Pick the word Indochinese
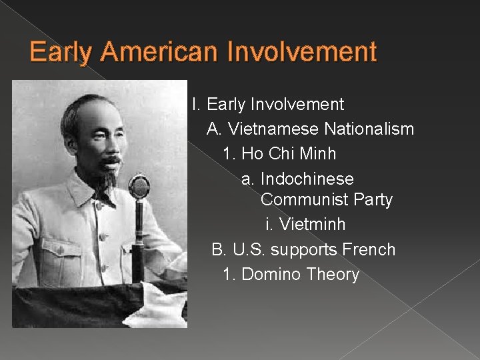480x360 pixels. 307,179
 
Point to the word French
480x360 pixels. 369,250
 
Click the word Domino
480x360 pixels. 271,275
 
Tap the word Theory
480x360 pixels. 333,275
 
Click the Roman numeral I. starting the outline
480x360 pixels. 195,105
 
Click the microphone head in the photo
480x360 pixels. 139,186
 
